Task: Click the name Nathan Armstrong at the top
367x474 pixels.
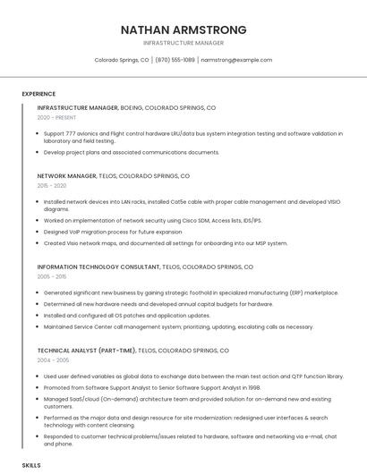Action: (x=183, y=30)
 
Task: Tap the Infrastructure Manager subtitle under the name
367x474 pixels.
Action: (x=183, y=43)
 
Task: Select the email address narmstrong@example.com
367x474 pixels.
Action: (x=236, y=60)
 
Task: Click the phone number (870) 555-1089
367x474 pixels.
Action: (x=175, y=60)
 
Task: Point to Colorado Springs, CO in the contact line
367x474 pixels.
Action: (x=122, y=60)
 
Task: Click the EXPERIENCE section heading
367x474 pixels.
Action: (x=38, y=94)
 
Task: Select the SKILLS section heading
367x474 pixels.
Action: (x=31, y=466)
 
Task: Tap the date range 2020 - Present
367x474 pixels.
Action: (x=56, y=117)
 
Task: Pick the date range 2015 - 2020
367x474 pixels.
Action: (x=52, y=186)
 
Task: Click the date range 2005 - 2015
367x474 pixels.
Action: (x=52, y=277)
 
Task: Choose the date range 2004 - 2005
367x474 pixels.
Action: (x=53, y=360)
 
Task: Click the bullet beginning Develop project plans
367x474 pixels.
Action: (x=131, y=152)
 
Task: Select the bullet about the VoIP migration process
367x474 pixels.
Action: (x=112, y=232)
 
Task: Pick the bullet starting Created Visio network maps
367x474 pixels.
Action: (x=166, y=243)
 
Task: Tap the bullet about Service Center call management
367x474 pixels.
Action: (x=178, y=327)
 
